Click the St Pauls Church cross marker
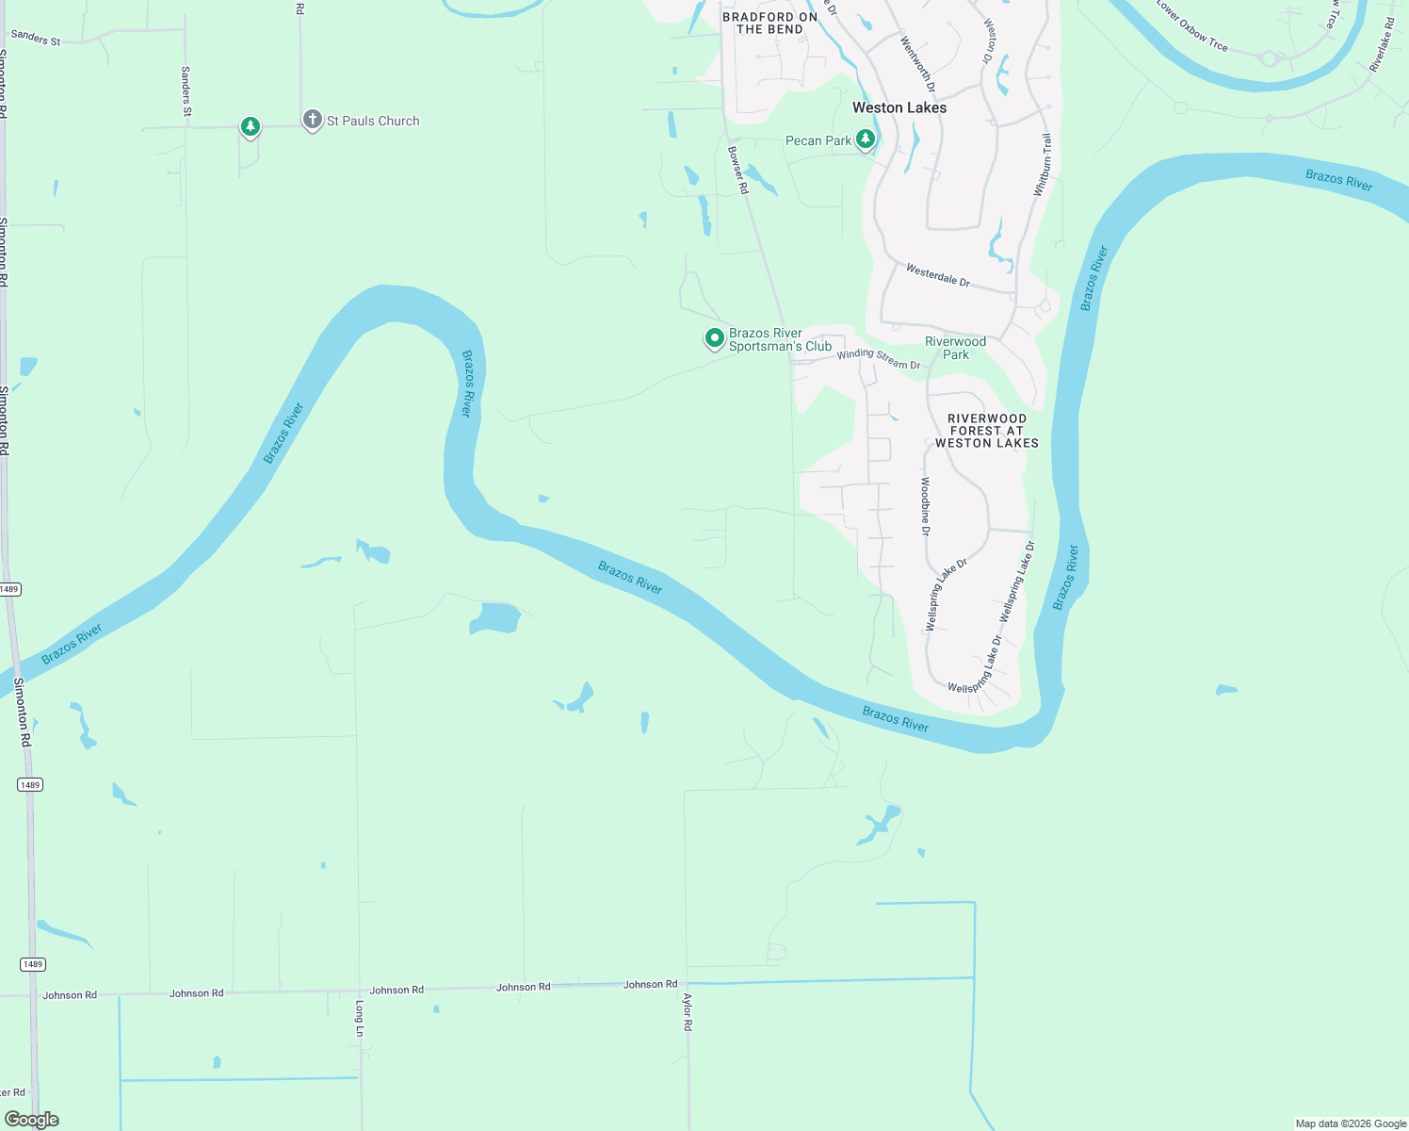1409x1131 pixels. [312, 120]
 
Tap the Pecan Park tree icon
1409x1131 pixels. [865, 139]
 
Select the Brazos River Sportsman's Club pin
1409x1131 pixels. [715, 337]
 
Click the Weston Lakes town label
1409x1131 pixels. [899, 107]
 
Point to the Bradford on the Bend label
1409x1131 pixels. [769, 23]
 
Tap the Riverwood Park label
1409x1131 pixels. [955, 348]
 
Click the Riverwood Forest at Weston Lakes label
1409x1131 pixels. [986, 431]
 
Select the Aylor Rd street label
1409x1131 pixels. [688, 1011]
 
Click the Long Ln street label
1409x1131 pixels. [359, 1018]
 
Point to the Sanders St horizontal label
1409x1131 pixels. [35, 38]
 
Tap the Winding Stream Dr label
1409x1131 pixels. [878, 359]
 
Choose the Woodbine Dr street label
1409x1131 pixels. [925, 506]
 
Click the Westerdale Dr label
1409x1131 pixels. [937, 275]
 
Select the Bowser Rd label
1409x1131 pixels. [738, 170]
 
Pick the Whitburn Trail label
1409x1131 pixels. [1042, 165]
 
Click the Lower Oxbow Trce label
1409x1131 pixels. [1191, 27]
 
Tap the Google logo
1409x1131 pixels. [31, 1120]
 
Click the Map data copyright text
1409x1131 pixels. [1351, 1123]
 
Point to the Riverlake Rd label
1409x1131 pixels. [1382, 45]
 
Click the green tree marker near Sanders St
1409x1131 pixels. [250, 126]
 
